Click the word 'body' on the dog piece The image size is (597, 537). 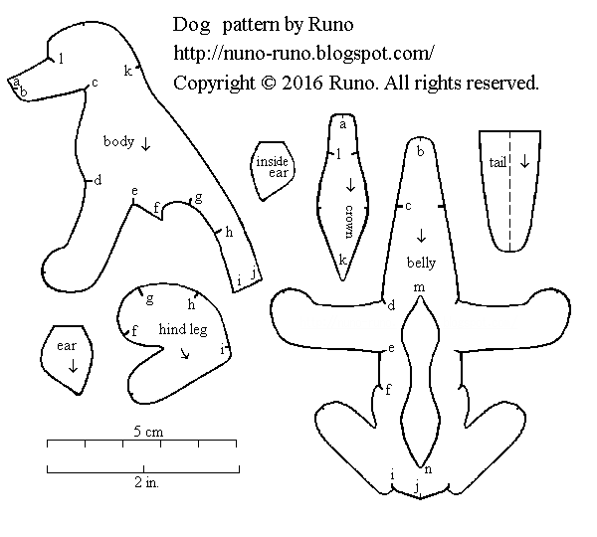click(118, 142)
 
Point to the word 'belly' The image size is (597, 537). click(422, 264)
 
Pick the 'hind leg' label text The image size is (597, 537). click(183, 329)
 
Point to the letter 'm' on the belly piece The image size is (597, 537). click(420, 287)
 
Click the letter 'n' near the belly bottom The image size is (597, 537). click(428, 469)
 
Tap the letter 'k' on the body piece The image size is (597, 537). click(127, 70)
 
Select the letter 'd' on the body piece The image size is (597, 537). click(98, 181)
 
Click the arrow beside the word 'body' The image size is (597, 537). click(146, 143)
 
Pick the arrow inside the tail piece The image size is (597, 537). click(523, 161)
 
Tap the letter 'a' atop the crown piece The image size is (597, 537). click(342, 124)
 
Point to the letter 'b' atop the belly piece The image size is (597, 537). click(420, 152)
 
